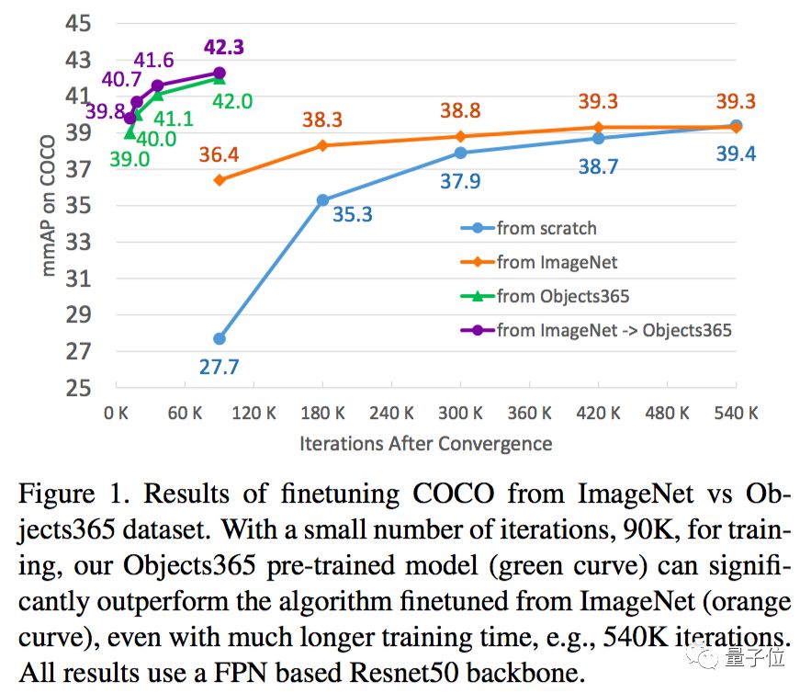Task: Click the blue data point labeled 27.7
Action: pyautogui.click(x=220, y=339)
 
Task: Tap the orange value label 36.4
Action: pyautogui.click(x=218, y=155)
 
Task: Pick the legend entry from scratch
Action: pyautogui.click(x=546, y=228)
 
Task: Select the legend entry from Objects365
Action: pyautogui.click(x=563, y=296)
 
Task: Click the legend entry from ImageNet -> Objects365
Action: pyautogui.click(x=614, y=329)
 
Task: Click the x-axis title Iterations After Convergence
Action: pyautogui.click(x=425, y=444)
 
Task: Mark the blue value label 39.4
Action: pyautogui.click(x=736, y=154)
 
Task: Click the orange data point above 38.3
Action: pyautogui.click(x=322, y=145)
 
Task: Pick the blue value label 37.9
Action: pyautogui.click(x=461, y=181)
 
